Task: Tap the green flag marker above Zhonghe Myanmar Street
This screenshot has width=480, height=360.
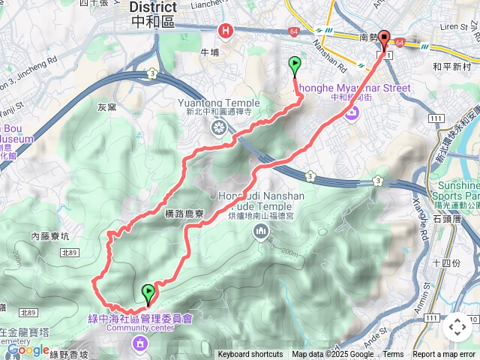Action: click(x=295, y=65)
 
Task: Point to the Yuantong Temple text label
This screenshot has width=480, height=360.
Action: click(x=218, y=103)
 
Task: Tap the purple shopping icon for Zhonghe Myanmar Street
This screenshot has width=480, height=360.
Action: click(x=352, y=112)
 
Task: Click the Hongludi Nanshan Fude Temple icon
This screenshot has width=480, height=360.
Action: click(x=260, y=232)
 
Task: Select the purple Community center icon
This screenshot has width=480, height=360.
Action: click(x=139, y=343)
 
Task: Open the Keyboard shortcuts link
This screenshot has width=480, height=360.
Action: click(x=250, y=355)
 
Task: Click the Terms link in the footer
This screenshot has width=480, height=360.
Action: click(x=393, y=355)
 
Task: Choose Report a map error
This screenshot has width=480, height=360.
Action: click(x=445, y=355)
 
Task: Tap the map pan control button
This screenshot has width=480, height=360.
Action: click(x=457, y=327)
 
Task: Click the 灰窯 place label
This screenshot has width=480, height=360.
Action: click(x=107, y=107)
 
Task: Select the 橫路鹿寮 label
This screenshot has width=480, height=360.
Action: click(x=184, y=214)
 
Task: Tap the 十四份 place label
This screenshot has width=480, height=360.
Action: click(x=447, y=262)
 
